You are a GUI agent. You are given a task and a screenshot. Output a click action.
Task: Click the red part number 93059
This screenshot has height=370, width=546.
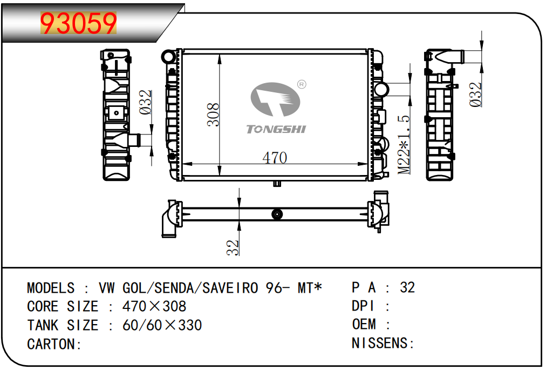(x=78, y=23)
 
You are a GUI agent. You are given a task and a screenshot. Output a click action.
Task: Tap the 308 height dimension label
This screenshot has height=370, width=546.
(x=213, y=115)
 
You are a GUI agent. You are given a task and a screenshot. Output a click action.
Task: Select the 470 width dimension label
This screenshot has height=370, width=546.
(x=275, y=158)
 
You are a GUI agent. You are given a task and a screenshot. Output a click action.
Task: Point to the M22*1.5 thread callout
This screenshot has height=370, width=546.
(x=404, y=145)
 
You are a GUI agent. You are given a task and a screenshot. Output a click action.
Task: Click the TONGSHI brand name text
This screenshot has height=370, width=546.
(x=276, y=130)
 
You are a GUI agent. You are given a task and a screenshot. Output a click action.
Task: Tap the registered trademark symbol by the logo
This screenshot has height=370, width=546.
(x=302, y=84)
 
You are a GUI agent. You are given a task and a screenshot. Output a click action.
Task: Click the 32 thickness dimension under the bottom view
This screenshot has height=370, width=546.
(x=233, y=247)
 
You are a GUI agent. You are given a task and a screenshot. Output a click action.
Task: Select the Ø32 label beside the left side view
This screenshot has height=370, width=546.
(x=145, y=102)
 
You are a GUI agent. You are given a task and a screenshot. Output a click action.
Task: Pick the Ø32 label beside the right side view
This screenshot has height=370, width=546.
(x=475, y=95)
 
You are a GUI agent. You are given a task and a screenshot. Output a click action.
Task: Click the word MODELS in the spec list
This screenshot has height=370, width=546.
(x=51, y=288)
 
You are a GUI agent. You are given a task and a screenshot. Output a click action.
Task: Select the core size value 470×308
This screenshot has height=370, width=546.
(x=154, y=306)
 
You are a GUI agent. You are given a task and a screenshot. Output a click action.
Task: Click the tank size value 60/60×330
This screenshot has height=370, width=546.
(x=162, y=325)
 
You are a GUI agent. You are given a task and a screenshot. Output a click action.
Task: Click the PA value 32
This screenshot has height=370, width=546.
(x=407, y=287)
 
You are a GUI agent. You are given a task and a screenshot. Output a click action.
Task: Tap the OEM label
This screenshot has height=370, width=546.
(x=364, y=324)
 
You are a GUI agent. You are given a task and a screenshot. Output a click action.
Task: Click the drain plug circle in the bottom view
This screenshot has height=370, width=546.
(x=277, y=214)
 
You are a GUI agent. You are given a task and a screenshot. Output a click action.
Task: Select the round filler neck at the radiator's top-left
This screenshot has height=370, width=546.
(x=168, y=57)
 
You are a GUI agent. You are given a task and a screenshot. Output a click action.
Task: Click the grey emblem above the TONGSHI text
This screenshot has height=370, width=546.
(x=275, y=99)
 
